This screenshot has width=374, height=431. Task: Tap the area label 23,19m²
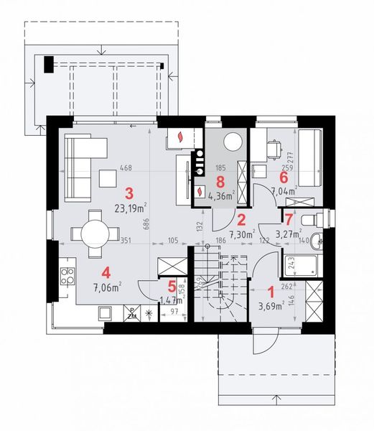(x=130, y=210)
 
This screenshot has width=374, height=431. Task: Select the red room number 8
(x=220, y=180)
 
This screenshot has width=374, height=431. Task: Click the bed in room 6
(x=311, y=154)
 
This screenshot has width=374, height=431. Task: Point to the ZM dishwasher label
(x=132, y=313)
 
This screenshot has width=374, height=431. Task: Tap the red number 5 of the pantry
(x=172, y=285)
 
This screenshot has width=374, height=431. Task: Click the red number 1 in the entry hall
(x=271, y=292)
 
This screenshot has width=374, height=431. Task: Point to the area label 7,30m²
(x=241, y=234)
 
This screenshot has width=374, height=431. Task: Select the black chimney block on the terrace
(x=47, y=64)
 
